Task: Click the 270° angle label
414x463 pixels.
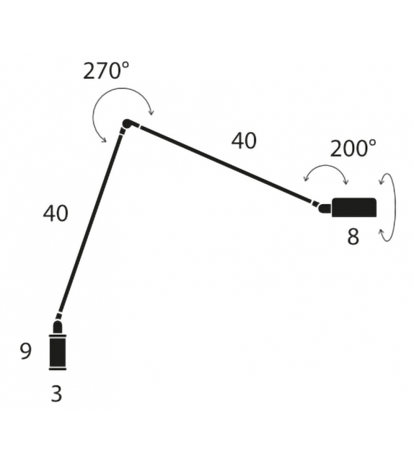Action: point(106,71)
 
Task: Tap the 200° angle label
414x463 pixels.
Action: point(353,149)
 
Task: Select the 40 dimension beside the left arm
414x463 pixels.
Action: point(56,213)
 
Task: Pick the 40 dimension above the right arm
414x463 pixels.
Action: point(244,141)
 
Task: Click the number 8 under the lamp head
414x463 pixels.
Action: point(353,237)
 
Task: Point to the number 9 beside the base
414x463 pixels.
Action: point(26,351)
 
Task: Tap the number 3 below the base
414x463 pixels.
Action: point(56,394)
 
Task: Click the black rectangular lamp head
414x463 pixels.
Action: point(354,207)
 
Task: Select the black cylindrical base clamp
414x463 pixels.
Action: point(58,350)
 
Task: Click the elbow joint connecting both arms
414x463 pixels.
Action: point(127,124)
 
